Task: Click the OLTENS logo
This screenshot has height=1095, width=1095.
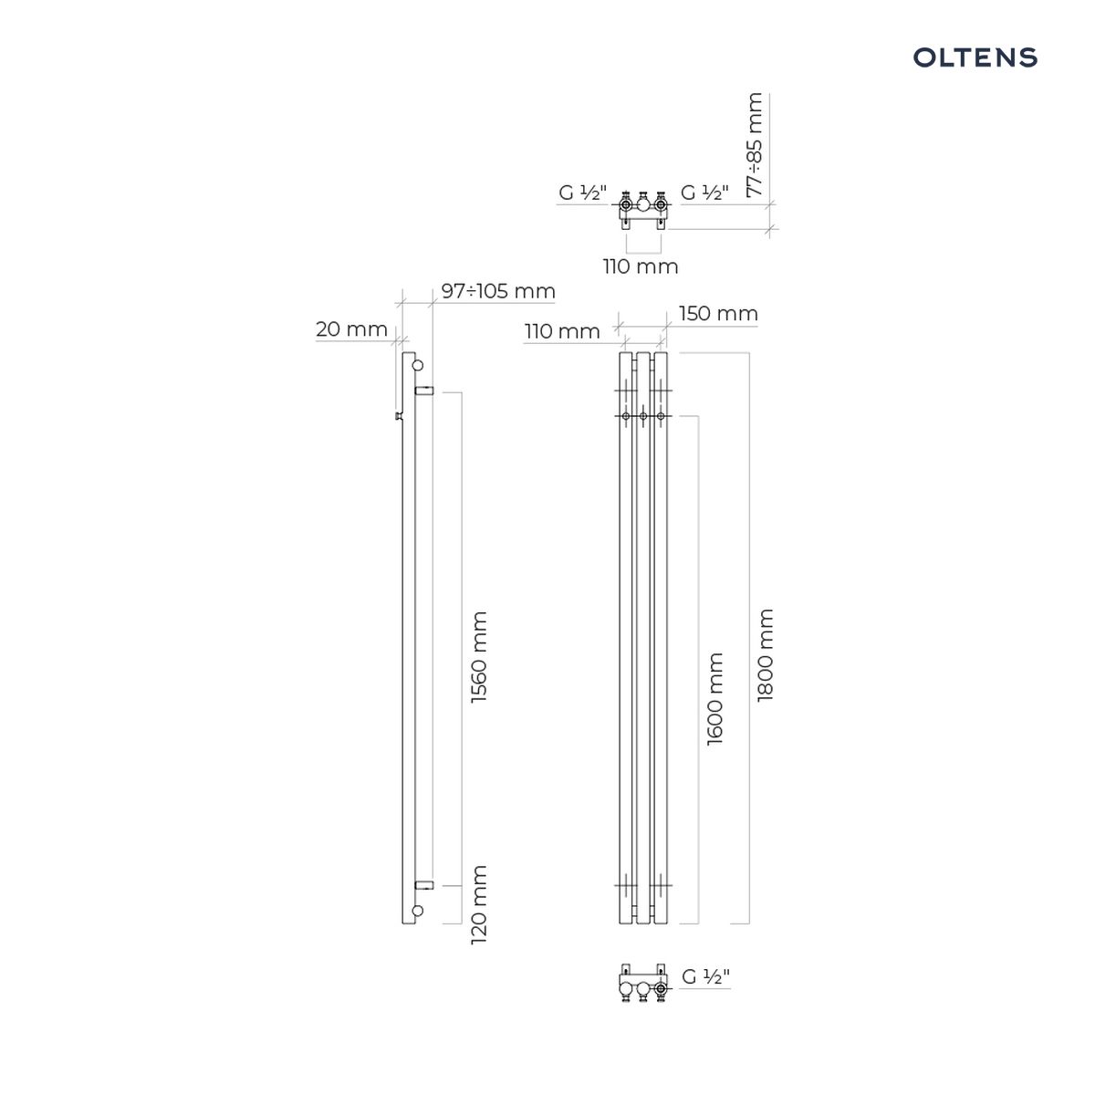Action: point(975,57)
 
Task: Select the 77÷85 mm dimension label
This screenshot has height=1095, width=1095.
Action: point(755,145)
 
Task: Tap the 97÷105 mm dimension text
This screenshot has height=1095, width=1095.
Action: point(498,291)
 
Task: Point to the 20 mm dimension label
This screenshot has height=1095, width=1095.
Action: point(351,329)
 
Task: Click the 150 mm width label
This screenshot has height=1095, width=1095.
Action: point(718,314)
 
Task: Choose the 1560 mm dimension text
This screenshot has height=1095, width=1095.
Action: point(479,657)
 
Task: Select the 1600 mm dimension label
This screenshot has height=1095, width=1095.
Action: point(714,699)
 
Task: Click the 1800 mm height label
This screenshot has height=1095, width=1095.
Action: point(766,655)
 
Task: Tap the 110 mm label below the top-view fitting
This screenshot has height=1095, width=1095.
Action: point(641,266)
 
